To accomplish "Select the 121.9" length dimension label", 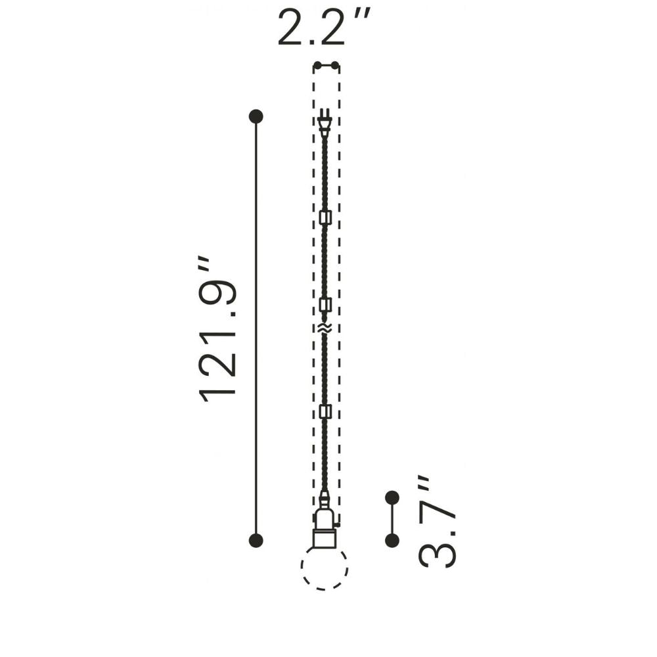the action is point(217,329).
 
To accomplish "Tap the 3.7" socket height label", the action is point(436,522).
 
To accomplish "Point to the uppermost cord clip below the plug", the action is point(325,217).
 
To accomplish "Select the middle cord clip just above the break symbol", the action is point(325,305).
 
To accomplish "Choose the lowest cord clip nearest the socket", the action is point(325,411).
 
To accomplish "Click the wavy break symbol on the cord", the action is point(325,328).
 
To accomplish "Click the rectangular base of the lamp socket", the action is point(325,539).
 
